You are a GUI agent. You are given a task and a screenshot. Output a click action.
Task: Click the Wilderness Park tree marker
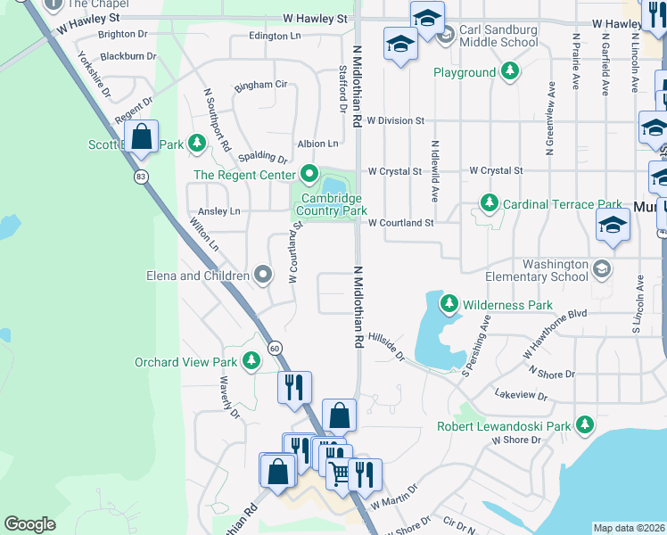point(449,305)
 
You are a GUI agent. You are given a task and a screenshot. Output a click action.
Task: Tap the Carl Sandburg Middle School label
point(498,36)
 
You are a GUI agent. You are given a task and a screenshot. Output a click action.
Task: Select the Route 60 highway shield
point(274,347)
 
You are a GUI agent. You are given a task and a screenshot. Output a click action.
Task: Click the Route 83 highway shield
point(141,177)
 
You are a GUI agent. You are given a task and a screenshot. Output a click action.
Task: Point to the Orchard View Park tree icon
point(252,361)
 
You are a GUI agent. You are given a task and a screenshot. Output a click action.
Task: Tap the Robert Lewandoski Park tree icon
point(585,425)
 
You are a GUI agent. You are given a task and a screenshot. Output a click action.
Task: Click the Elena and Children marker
point(262,276)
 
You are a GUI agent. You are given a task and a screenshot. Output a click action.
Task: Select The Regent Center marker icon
point(309,174)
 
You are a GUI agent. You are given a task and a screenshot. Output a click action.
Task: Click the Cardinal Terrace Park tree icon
point(489,204)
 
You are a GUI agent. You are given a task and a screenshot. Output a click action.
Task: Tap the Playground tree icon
point(509,71)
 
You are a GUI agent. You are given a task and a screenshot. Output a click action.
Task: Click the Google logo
point(29,524)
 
